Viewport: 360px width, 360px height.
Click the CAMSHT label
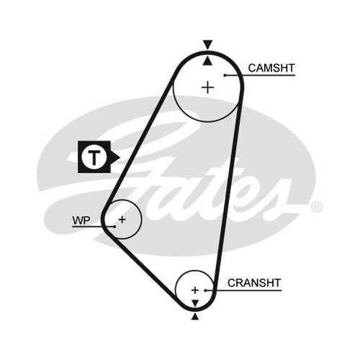(x=271, y=68)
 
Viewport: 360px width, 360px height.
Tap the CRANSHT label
(x=254, y=283)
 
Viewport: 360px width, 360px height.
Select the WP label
(x=81, y=220)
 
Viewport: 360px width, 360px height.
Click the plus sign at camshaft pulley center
(x=208, y=87)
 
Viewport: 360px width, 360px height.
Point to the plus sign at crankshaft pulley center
(x=195, y=290)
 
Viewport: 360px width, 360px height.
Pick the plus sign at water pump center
(x=122, y=220)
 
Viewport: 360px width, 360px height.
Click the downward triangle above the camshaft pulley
(x=208, y=45)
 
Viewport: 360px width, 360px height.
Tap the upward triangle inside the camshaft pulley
(x=207, y=60)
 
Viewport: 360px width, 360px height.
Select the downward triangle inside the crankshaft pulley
(x=195, y=303)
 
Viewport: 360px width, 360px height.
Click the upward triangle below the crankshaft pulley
(x=195, y=317)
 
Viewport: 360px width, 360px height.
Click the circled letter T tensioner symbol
(x=94, y=157)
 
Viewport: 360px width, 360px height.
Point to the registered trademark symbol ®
(x=317, y=207)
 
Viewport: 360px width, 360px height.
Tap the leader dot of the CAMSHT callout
(x=225, y=76)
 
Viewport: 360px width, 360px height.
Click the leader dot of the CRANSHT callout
(x=206, y=291)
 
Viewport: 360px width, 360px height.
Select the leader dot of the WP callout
(x=115, y=227)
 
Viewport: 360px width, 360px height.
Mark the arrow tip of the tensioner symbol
(x=120, y=157)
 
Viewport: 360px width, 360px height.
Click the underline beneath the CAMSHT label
(x=260, y=76)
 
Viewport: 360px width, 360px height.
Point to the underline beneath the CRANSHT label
(x=243, y=291)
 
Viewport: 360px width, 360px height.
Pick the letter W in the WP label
(x=78, y=220)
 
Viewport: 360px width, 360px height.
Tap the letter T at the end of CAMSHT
(x=291, y=68)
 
